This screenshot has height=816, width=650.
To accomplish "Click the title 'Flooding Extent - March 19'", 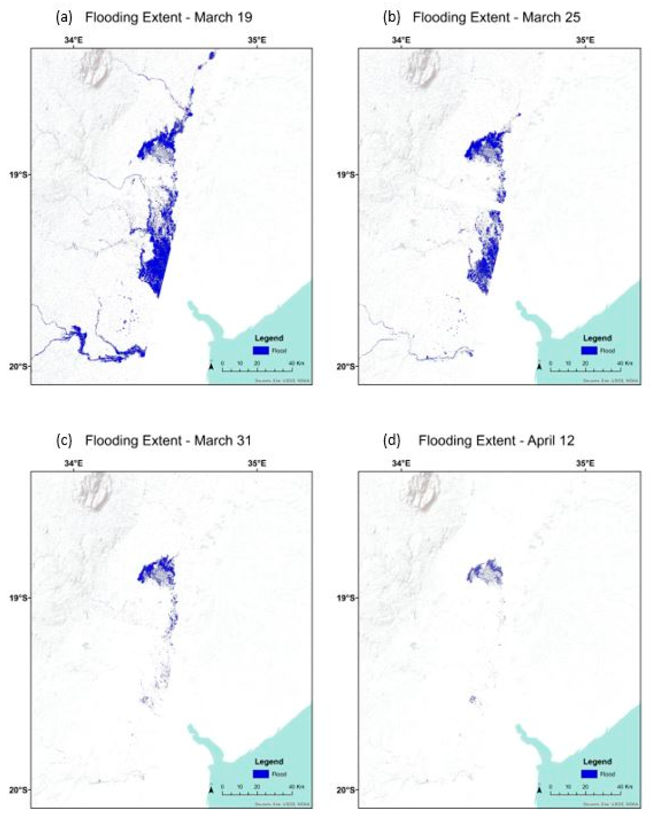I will (169, 17).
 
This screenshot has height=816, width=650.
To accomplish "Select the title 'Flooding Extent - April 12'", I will (496, 441).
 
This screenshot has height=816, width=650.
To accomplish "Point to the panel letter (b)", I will (392, 17).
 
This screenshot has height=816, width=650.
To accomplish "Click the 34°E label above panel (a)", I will (73, 40).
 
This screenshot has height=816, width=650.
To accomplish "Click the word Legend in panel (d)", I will (597, 761).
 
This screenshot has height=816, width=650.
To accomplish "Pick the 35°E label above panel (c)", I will (257, 463).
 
